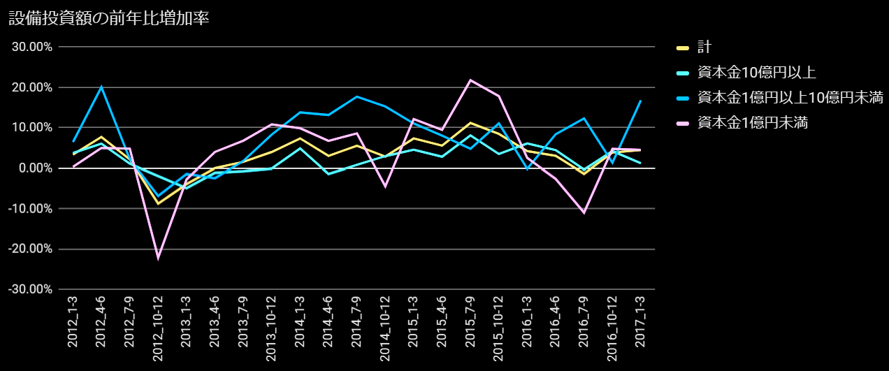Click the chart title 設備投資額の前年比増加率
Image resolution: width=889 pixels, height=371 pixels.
point(109,19)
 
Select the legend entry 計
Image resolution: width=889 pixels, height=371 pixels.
point(704,48)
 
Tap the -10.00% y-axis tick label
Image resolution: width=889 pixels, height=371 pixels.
point(31,209)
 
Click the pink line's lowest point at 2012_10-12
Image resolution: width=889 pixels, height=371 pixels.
point(158,258)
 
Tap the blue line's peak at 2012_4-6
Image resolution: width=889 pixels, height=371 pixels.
point(101,87)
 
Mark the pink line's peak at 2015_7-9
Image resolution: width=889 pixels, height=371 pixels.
point(470,80)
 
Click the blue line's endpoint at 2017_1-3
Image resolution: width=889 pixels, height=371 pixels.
point(640,101)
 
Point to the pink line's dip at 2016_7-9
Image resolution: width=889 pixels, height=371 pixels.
point(584,212)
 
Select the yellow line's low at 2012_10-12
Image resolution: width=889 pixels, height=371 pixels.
point(158,203)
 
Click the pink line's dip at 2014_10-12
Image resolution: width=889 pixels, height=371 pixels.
point(385,187)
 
